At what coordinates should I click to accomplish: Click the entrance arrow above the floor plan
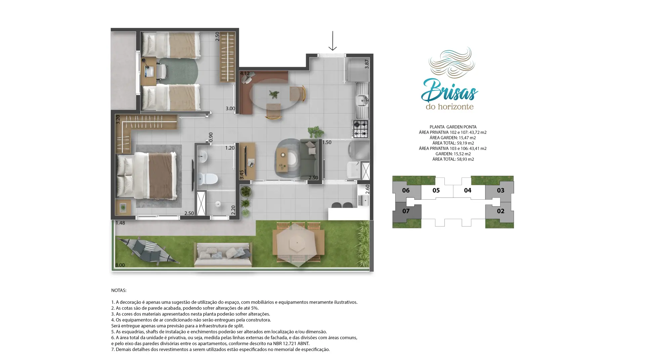(333, 41)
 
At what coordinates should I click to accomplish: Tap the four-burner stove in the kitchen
(360, 129)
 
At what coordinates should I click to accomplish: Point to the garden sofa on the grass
(223, 254)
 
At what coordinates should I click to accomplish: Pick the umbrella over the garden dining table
(297, 243)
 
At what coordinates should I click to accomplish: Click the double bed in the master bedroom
(146, 175)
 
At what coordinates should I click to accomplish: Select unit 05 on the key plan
(436, 191)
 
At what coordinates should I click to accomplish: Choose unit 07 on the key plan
(406, 211)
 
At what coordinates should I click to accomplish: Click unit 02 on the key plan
(501, 211)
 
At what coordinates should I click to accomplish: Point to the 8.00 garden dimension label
(120, 265)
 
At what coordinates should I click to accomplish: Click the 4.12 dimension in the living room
(245, 74)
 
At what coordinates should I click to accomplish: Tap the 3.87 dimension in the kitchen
(367, 64)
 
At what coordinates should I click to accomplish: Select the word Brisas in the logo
(449, 90)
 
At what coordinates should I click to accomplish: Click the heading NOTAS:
(119, 290)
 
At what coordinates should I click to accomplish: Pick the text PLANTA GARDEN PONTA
(453, 127)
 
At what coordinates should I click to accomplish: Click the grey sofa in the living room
(309, 159)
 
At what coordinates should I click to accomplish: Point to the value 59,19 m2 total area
(465, 143)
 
